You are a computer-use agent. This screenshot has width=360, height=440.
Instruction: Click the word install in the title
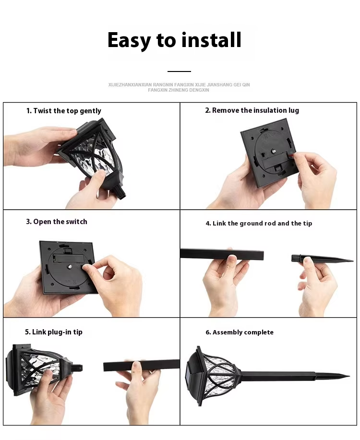211,40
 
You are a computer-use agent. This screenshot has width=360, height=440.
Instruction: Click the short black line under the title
179,71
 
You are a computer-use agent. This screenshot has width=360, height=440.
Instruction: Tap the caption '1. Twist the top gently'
64,111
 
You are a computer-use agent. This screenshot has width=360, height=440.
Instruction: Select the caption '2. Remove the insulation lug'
252,110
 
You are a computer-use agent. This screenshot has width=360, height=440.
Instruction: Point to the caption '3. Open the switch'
57,222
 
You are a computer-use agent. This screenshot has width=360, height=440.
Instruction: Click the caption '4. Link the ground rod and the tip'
259,224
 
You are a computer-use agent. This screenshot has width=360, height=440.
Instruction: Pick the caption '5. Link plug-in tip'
53,332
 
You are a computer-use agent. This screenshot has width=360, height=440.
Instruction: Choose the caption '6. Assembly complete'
239,332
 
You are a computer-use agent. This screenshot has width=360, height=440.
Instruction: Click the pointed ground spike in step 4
322,259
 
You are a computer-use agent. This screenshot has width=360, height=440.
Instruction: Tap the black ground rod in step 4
222,254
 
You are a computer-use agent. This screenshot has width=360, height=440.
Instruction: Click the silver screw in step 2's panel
273,151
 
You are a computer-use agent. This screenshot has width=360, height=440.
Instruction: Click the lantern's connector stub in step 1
120,192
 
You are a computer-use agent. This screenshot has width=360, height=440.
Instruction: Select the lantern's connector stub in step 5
76,368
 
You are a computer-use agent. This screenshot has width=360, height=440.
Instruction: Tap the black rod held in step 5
141,365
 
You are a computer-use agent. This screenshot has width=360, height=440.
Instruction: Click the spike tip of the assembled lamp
349,376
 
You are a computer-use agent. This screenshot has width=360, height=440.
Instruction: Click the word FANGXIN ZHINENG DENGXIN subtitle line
179,90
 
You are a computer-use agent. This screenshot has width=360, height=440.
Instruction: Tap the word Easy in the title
129,41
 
